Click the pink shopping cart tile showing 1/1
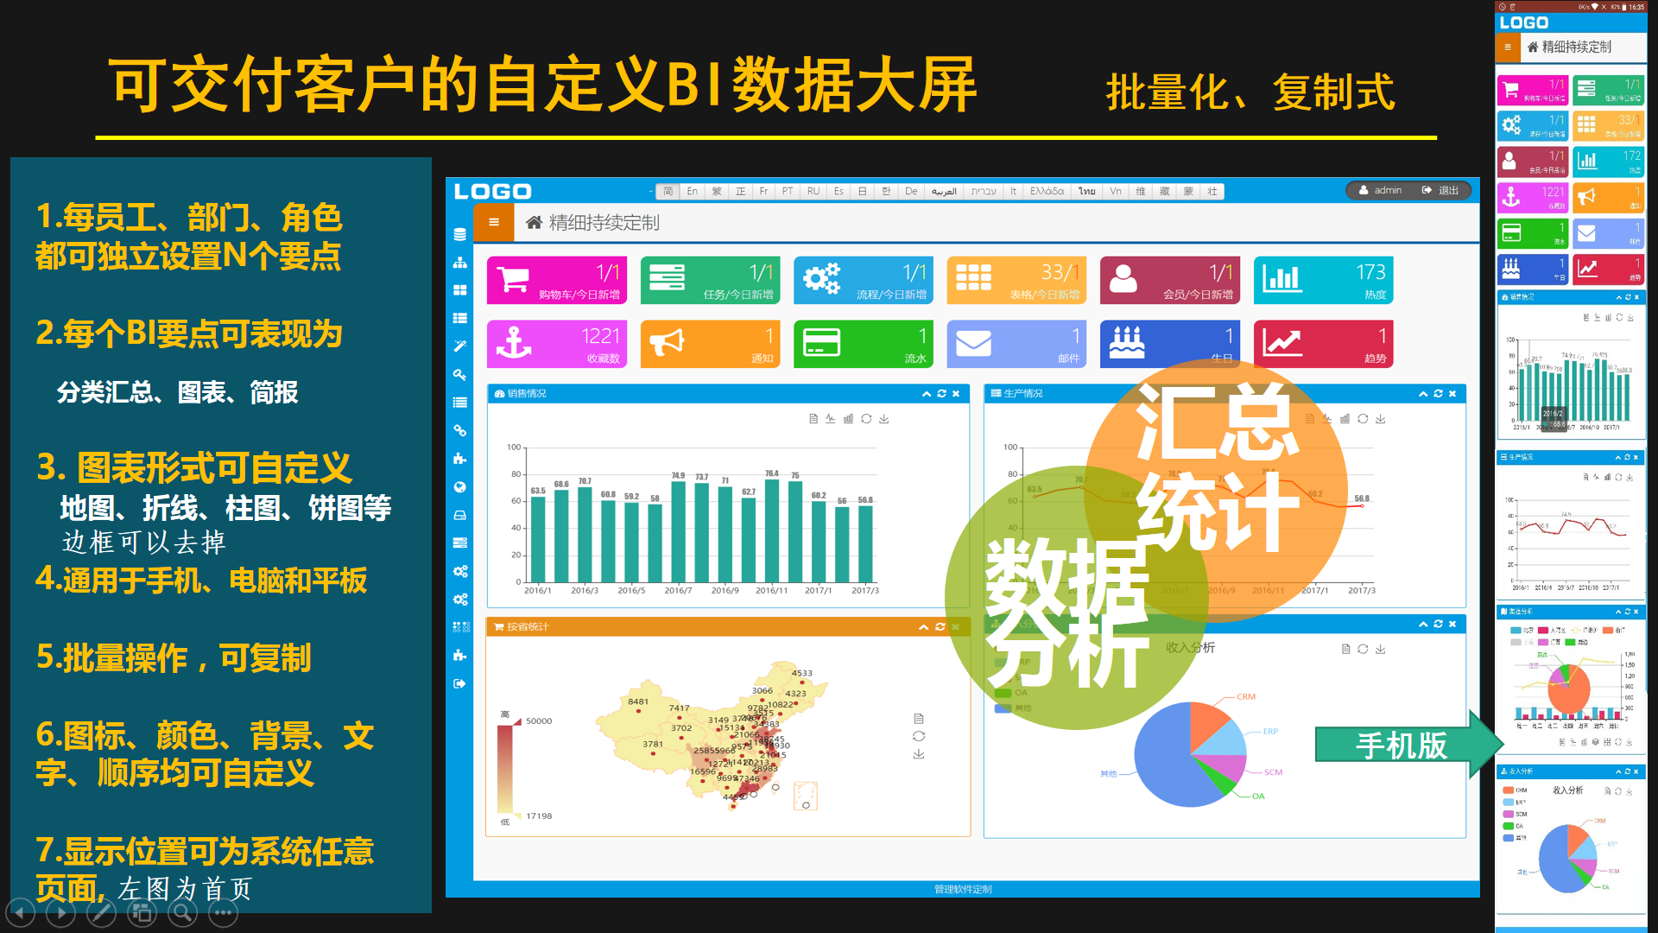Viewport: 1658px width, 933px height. pyautogui.click(x=557, y=280)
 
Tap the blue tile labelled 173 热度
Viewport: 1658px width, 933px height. pyautogui.click(x=1323, y=280)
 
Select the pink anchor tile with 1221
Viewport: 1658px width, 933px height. pyautogui.click(x=557, y=344)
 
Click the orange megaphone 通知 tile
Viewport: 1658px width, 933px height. pyautogui.click(x=710, y=344)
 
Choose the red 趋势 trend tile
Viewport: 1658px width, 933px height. pyautogui.click(x=1323, y=344)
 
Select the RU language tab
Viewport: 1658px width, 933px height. pyautogui.click(x=813, y=191)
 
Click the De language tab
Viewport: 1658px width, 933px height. pyautogui.click(x=911, y=191)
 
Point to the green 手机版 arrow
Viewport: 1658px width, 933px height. pyautogui.click(x=1408, y=745)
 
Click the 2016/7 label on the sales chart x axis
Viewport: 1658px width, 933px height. pyautogui.click(x=678, y=591)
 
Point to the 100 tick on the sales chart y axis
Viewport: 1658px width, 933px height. pyautogui.click(x=514, y=447)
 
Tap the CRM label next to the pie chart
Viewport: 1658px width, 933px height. pyautogui.click(x=1245, y=696)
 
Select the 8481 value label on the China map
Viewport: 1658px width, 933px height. pyautogui.click(x=638, y=701)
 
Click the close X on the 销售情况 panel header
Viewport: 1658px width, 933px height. pyautogui.click(x=956, y=394)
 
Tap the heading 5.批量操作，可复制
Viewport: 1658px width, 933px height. pyautogui.click(x=174, y=658)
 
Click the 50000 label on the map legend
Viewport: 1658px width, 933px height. pyautogui.click(x=539, y=720)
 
